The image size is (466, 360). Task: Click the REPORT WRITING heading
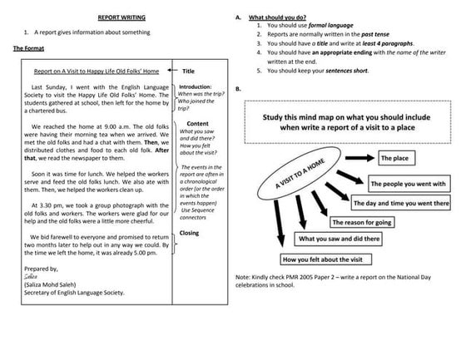point(117,16)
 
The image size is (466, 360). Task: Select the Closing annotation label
point(190,233)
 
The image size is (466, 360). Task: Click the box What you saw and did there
point(341,239)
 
